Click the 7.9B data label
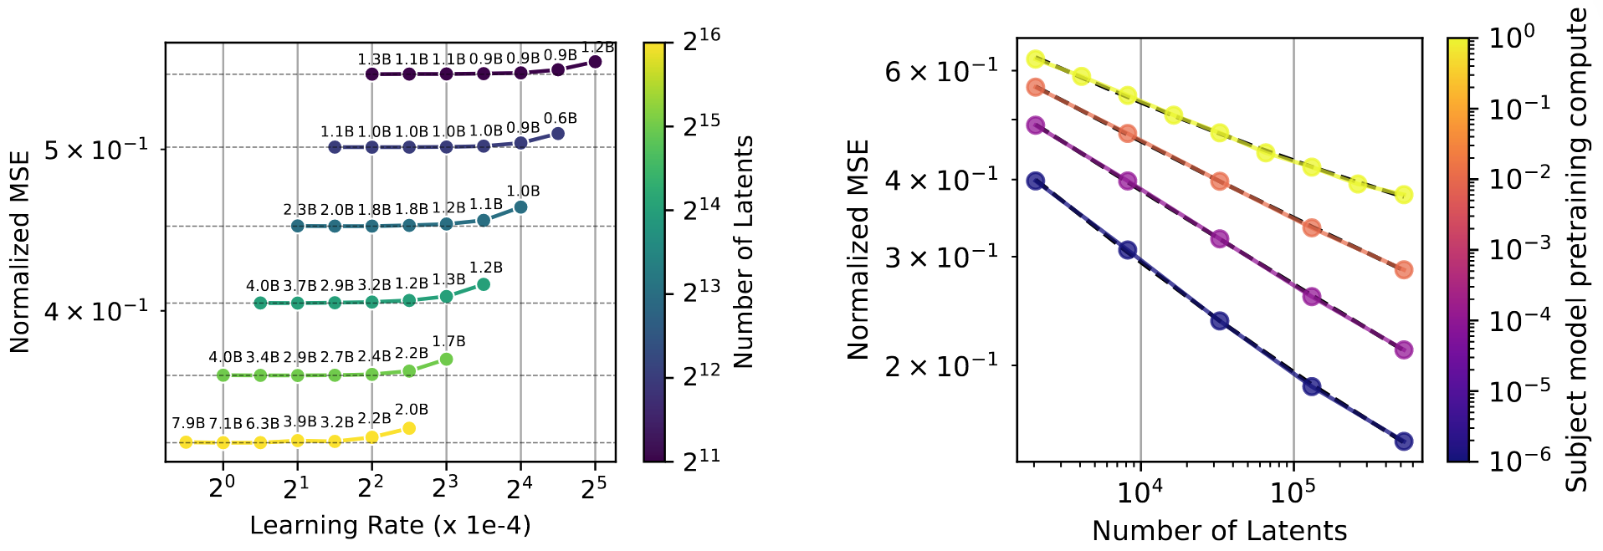(188, 423)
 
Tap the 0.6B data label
(561, 119)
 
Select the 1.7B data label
(449, 341)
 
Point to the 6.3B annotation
(263, 424)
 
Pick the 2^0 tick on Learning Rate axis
(222, 488)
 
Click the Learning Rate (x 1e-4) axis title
(390, 525)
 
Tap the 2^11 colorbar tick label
(701, 459)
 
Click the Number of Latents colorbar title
(743, 252)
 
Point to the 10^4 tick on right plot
(1140, 492)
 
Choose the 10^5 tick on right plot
(1293, 492)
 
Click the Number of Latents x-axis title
(1219, 531)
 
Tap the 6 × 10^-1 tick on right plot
(942, 71)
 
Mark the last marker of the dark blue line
(1404, 441)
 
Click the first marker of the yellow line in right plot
(1036, 59)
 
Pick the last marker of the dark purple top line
(595, 62)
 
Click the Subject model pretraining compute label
(1577, 249)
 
